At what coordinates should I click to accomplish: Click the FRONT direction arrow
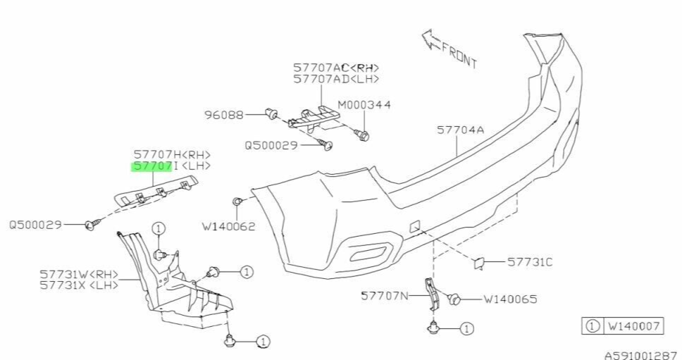point(431,41)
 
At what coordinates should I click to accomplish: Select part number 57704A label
point(460,130)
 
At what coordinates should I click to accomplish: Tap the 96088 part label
point(225,113)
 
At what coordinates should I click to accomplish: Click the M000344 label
point(364,105)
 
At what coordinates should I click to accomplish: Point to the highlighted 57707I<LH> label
point(172,166)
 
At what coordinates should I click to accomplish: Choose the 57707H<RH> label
point(172,154)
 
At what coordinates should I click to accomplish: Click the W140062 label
point(228,227)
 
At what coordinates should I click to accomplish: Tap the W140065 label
point(509,299)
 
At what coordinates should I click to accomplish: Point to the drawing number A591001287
point(640,355)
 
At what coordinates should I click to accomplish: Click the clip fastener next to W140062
point(238,203)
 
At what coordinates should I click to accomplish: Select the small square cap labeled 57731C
point(480,263)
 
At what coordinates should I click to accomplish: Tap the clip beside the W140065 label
point(455,299)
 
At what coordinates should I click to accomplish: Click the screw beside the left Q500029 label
point(91,225)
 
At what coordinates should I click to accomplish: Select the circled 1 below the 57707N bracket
point(466,328)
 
